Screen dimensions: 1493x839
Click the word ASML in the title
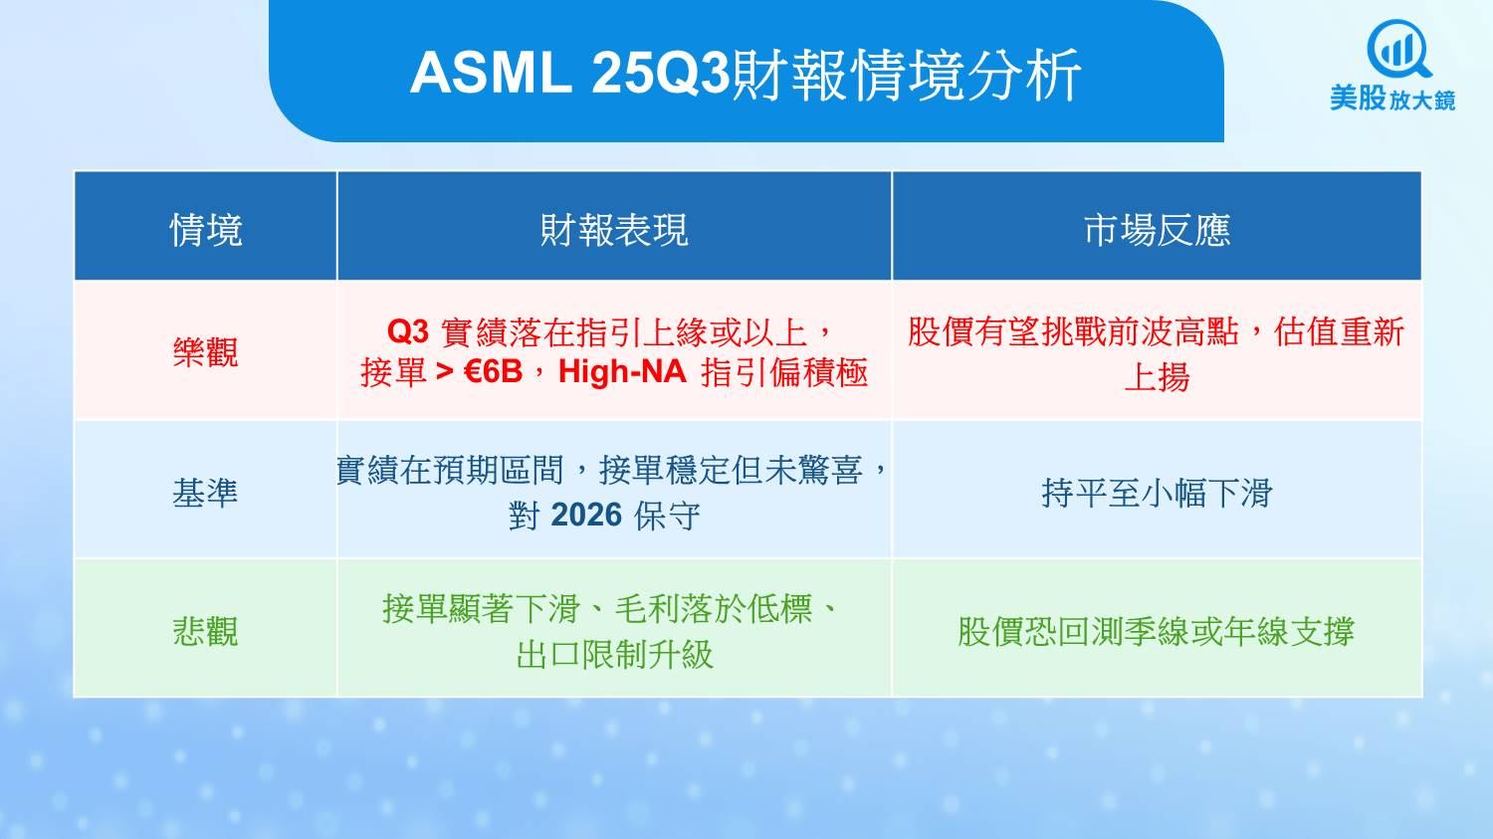tap(492, 74)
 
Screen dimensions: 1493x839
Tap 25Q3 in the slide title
tap(661, 74)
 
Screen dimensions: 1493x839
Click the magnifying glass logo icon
tap(1398, 50)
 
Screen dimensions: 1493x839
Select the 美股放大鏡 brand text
tap(1392, 100)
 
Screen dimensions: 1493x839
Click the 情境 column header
tap(205, 230)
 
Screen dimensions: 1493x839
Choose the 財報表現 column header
tap(614, 230)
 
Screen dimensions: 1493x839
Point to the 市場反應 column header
tap(1157, 230)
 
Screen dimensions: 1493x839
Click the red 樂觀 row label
tap(205, 352)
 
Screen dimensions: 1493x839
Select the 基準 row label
tap(205, 493)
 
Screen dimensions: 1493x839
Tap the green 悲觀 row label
tap(205, 631)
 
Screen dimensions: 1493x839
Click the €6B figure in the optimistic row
tap(494, 372)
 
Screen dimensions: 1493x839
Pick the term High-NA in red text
tap(622, 372)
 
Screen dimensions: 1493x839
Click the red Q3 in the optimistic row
tap(407, 331)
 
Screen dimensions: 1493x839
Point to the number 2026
tap(586, 516)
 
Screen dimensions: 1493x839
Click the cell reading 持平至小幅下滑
tap(1157, 493)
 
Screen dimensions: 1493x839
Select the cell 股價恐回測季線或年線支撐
tap(1157, 631)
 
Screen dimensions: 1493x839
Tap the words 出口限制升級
tap(614, 655)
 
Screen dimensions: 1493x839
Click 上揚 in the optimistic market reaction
tap(1157, 377)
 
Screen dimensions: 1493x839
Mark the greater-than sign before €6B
tap(444, 372)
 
